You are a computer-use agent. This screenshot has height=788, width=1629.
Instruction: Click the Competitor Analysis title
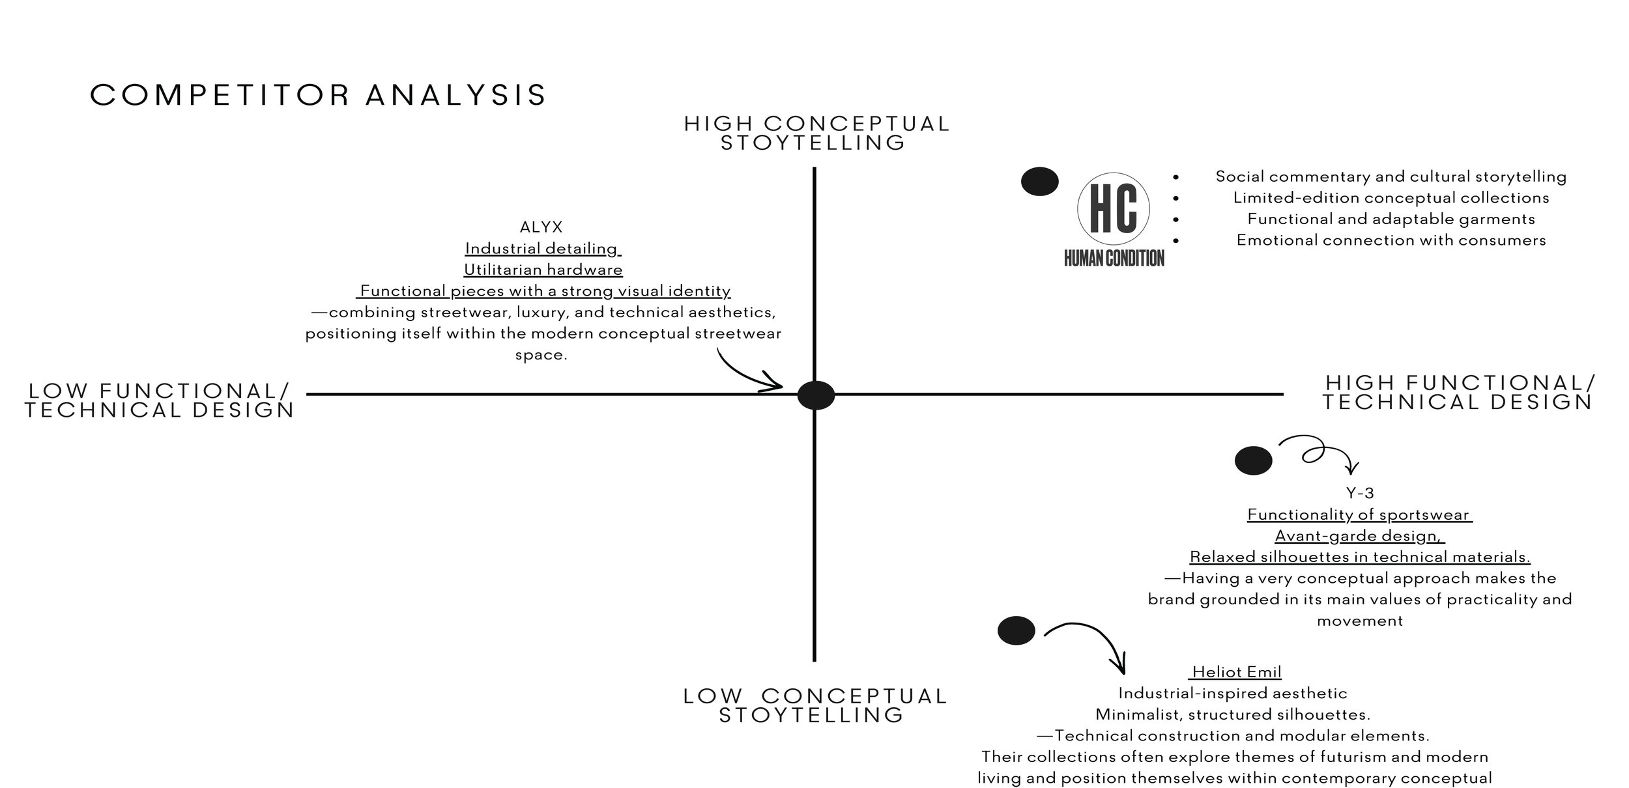point(318,95)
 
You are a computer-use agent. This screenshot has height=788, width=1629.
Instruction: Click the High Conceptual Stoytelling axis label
point(817,133)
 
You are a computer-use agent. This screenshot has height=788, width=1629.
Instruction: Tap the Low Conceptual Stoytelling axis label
point(814,705)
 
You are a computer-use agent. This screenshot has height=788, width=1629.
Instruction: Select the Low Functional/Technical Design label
point(160,401)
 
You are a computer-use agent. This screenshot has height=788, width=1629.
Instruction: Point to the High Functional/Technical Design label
point(1458,392)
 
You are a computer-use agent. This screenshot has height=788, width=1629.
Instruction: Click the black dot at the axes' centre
point(816,395)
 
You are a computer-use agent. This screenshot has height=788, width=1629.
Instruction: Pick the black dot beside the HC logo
point(1039,182)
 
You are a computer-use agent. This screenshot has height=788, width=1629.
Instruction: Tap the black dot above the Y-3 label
point(1253,460)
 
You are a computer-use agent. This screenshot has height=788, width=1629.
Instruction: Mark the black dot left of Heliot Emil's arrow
point(1016,630)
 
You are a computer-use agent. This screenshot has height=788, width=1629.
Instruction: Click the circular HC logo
point(1114,208)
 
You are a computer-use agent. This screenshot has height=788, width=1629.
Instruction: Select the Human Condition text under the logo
point(1114,259)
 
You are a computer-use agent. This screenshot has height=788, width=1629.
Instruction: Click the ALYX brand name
point(541,227)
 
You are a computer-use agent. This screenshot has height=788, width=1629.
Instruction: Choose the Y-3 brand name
point(1360,493)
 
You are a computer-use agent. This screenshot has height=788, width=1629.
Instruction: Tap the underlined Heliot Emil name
point(1236,671)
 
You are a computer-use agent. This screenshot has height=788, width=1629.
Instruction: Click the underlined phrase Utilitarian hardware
point(543,270)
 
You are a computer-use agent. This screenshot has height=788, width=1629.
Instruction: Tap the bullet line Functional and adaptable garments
point(1391,219)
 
